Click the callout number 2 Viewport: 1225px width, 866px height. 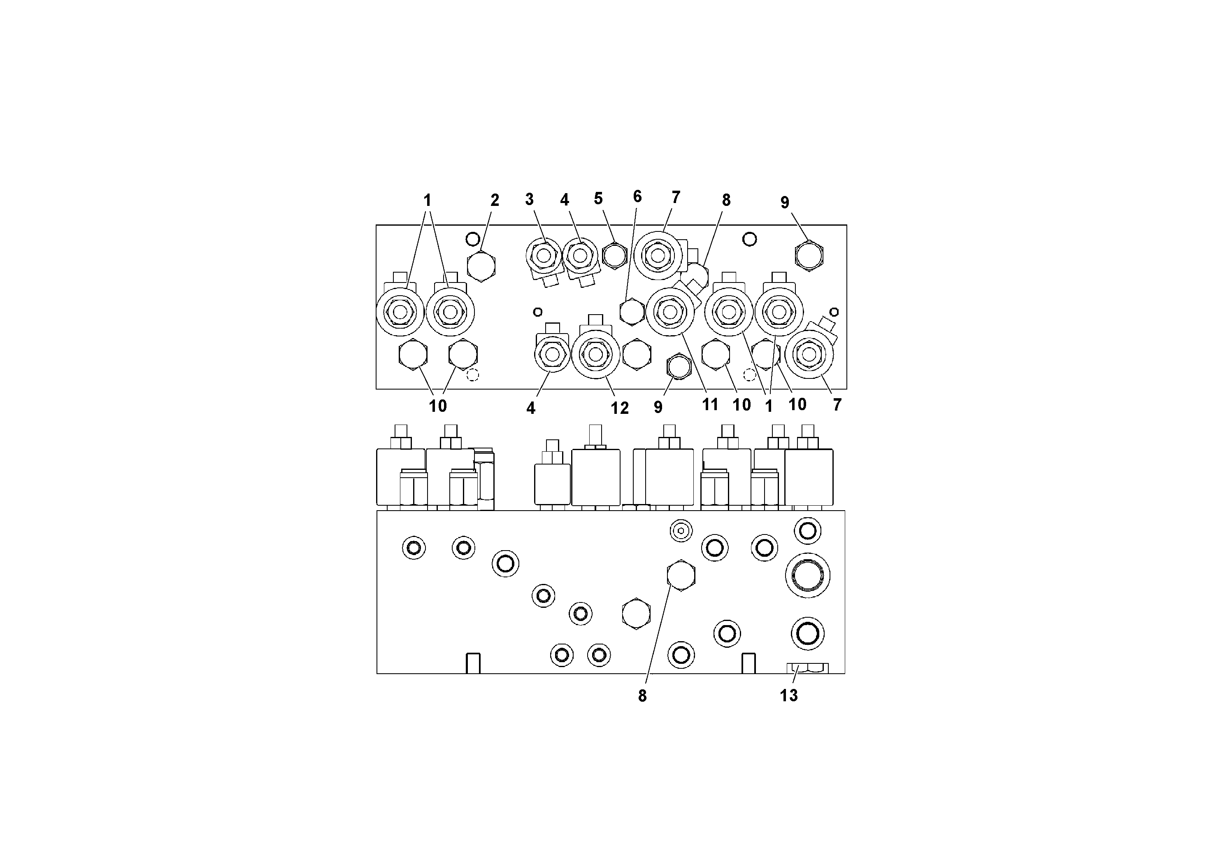pyautogui.click(x=495, y=200)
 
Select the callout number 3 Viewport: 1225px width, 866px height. pyautogui.click(x=529, y=199)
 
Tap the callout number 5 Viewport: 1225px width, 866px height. pyautogui.click(x=598, y=198)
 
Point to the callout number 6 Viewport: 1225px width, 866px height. pyautogui.click(x=637, y=196)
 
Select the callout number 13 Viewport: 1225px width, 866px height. pyautogui.click(x=788, y=695)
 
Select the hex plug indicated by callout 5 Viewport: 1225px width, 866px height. pyautogui.click(x=614, y=255)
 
